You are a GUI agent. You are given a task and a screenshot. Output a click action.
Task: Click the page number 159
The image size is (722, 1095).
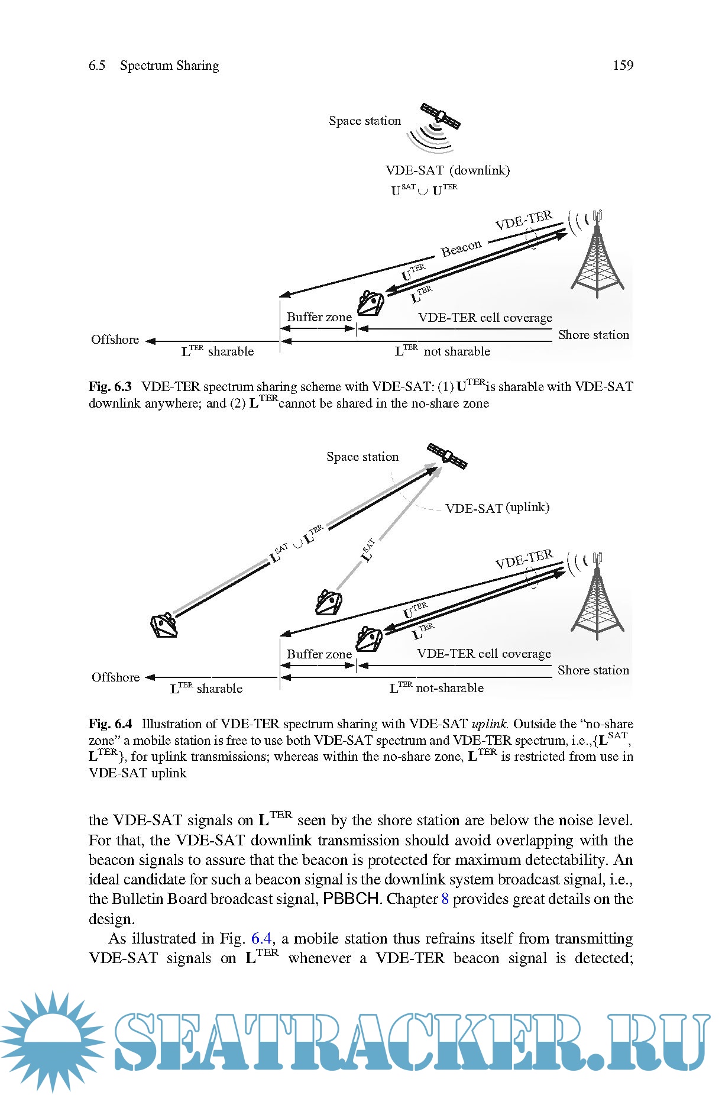(623, 66)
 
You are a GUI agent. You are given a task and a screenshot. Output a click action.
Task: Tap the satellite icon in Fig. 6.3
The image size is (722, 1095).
(440, 117)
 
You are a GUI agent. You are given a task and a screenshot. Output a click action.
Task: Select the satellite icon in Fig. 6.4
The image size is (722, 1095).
(447, 456)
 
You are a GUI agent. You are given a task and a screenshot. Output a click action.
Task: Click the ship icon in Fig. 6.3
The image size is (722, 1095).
(371, 303)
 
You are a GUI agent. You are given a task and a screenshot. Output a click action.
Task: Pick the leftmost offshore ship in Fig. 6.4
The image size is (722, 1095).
(164, 625)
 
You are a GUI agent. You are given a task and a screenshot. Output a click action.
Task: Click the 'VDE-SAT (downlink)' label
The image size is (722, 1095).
(448, 170)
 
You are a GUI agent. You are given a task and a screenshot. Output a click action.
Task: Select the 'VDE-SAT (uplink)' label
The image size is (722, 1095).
(497, 508)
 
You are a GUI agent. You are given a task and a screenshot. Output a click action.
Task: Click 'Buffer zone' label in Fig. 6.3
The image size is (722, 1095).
(319, 317)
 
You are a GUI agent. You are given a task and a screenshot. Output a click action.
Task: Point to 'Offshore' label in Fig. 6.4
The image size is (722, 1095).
(115, 677)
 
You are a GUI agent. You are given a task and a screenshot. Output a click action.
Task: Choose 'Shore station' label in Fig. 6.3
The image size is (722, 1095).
(593, 335)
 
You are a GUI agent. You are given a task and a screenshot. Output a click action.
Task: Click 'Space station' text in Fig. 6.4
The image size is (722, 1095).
(362, 457)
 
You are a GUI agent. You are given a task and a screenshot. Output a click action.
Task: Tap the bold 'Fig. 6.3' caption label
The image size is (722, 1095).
(110, 387)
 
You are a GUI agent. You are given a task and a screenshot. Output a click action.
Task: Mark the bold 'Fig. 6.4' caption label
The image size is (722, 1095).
(111, 724)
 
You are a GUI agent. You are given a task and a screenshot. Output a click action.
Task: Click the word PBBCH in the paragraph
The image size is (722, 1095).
(351, 899)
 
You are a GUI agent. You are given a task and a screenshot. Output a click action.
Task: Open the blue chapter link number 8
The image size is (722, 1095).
(445, 899)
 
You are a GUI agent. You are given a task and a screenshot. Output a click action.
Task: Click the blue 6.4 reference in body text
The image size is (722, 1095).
(261, 938)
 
